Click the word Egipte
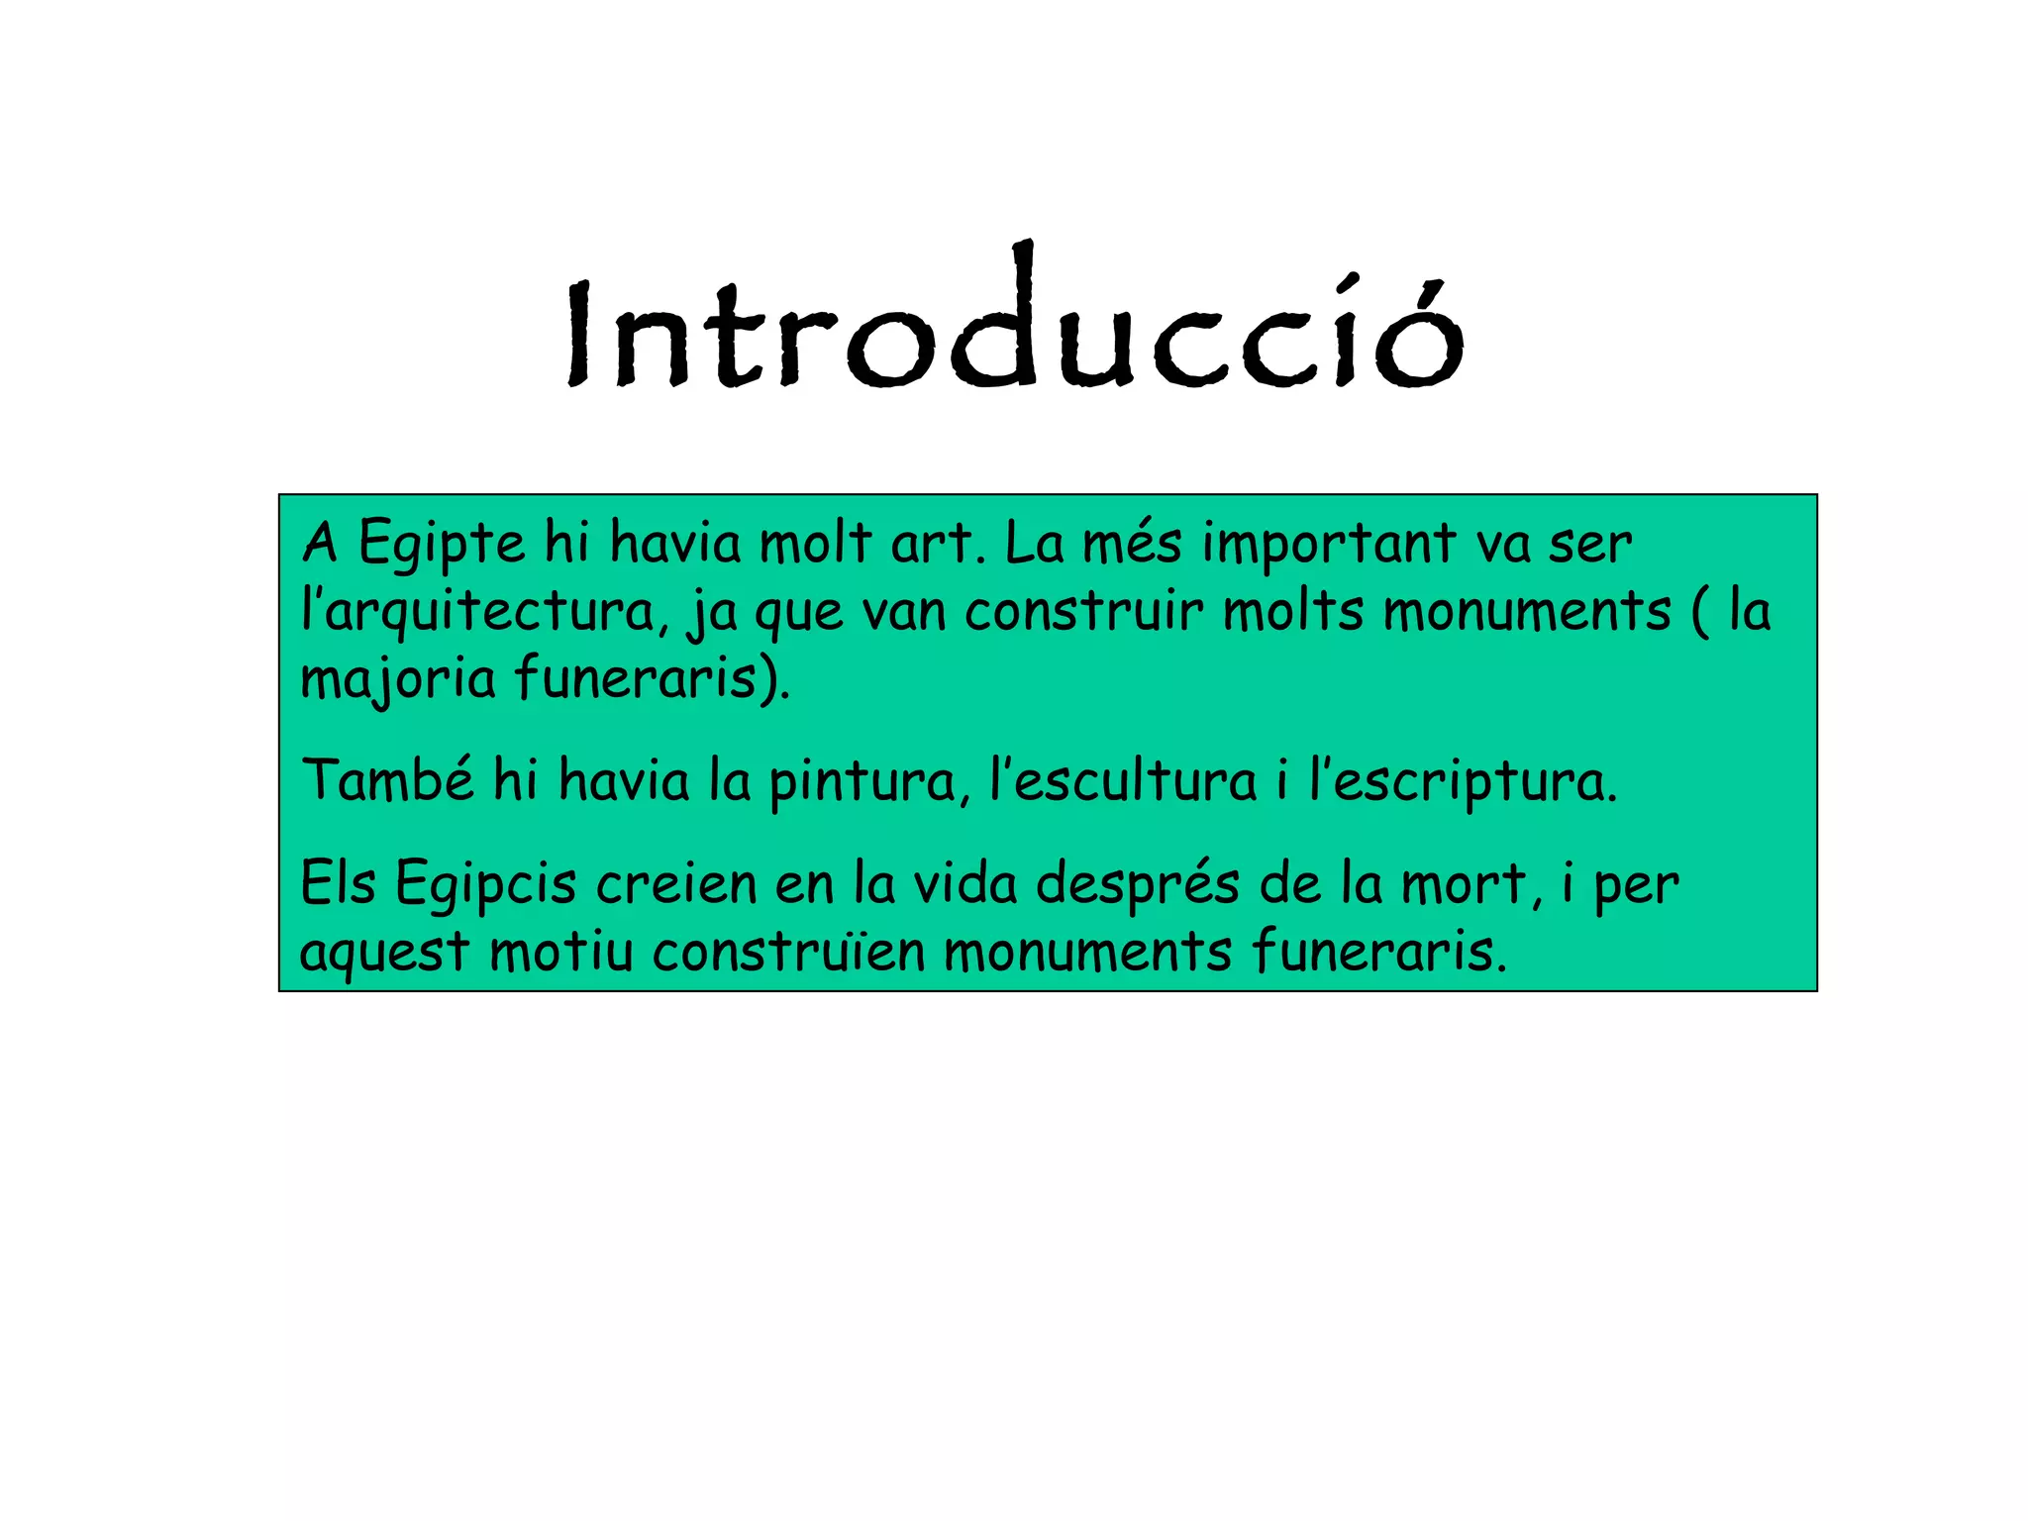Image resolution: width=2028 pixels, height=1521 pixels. coord(441,545)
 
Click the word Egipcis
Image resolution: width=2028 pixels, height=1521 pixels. coord(485,884)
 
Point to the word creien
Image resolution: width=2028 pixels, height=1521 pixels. coord(676,883)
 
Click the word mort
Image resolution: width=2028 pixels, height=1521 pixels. coord(1470,883)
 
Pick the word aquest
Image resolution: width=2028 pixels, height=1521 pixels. coord(384,953)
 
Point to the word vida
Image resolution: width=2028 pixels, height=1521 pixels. coord(964,883)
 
